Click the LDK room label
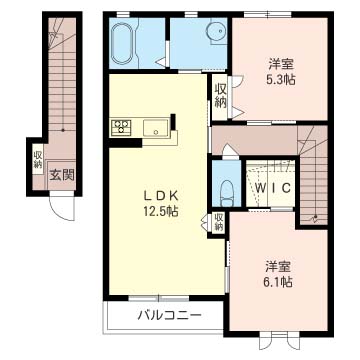click(161, 197)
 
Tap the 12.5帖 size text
click(161, 211)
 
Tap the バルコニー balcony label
click(170, 315)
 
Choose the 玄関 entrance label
click(62, 174)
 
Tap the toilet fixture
click(228, 193)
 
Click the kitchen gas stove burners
click(121, 127)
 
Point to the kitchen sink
click(156, 128)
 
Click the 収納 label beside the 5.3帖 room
click(220, 96)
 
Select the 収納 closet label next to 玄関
click(37, 159)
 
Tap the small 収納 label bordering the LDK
click(219, 222)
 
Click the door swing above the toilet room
click(230, 150)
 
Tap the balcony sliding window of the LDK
click(159, 298)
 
